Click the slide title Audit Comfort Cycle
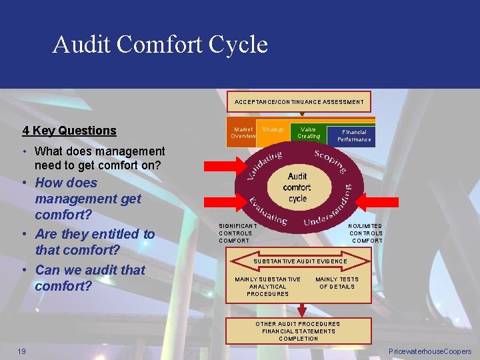click(160, 45)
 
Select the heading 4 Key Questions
click(69, 131)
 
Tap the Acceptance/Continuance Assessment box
click(299, 102)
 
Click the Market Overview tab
click(243, 133)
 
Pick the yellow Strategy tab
click(273, 129)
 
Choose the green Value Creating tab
click(308, 133)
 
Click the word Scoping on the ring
click(329, 161)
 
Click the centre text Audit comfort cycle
click(297, 187)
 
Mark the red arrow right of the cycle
click(383, 202)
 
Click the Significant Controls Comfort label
click(235, 233)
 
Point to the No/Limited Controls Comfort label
click(365, 233)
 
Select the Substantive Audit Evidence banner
click(300, 261)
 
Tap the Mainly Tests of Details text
click(337, 283)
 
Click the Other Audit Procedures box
click(298, 331)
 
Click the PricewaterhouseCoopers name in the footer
click(430, 351)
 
